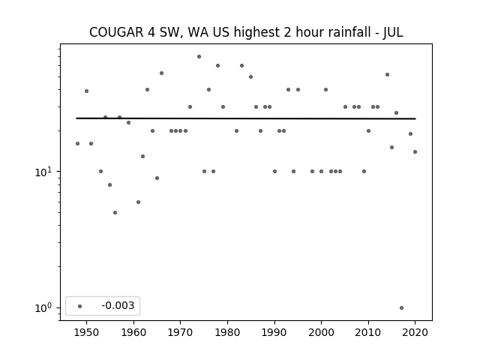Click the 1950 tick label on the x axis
click(x=87, y=333)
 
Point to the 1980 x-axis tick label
click(x=227, y=333)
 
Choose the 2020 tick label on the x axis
click(x=415, y=333)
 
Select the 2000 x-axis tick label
click(x=321, y=333)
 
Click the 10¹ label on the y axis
click(x=43, y=172)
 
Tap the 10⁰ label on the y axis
click(x=43, y=308)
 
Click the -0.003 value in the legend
click(x=118, y=305)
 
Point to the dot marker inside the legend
click(x=80, y=306)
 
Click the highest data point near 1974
click(x=199, y=57)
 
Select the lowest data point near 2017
click(x=402, y=308)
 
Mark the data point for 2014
click(x=387, y=75)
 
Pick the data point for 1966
click(x=162, y=73)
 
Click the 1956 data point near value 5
click(x=115, y=213)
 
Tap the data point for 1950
click(x=87, y=91)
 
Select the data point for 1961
click(x=138, y=202)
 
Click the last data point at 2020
click(x=415, y=151)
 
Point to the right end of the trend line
click(x=415, y=118)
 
